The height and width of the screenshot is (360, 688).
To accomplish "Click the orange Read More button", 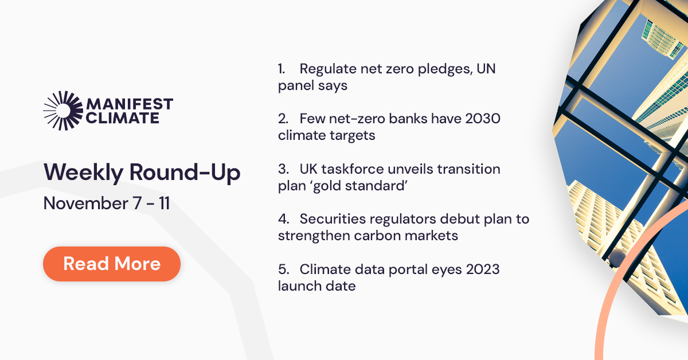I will coord(112,264).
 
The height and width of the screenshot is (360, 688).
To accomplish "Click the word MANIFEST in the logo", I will coord(129,104).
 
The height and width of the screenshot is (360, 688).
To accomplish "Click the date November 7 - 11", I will coord(107,203).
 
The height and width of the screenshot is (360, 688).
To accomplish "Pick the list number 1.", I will coord(281,69).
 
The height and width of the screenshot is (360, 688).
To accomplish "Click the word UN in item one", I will coord(488,69).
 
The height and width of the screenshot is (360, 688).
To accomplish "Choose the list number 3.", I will coord(282,169).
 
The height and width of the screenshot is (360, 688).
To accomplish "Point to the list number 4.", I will coord(282,219).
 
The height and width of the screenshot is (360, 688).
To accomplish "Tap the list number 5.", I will coord(282,269).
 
